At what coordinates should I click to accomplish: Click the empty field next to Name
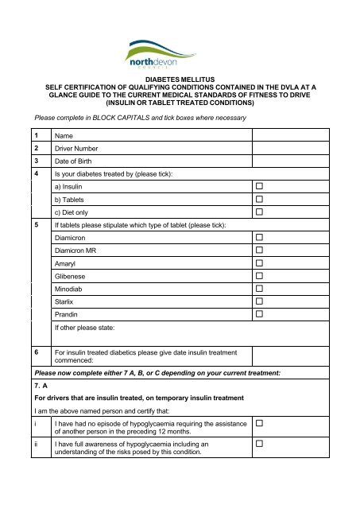click(300, 136)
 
